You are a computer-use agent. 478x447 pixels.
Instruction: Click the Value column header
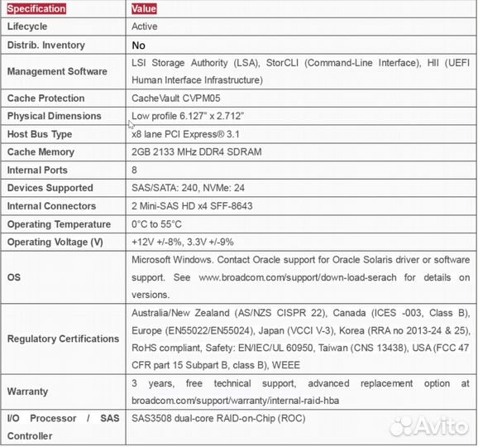143,9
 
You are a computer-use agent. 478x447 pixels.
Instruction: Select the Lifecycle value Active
144,26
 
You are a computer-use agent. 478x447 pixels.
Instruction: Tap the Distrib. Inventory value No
138,46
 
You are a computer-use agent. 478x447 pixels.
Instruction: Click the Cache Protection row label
45,99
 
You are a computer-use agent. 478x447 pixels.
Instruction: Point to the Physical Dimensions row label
54,117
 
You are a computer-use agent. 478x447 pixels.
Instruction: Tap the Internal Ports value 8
135,171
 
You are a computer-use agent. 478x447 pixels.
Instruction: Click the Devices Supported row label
50,188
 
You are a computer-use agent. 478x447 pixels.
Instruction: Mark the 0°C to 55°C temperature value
156,224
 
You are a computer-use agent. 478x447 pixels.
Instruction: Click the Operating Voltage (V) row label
55,243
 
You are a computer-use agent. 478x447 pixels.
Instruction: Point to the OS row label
14,277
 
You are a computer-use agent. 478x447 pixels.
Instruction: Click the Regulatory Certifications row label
63,339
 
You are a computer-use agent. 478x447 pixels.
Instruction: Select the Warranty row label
27,391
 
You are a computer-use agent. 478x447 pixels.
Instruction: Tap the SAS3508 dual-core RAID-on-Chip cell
218,419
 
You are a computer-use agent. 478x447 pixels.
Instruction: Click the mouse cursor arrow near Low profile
131,124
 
